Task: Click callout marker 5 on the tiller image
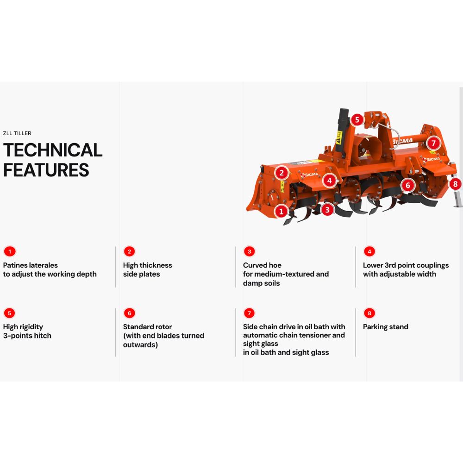pos(357,119)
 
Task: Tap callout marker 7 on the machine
pos(433,143)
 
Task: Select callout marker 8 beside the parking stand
pos(455,184)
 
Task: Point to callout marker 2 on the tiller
pos(282,173)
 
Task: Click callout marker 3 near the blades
pos(327,210)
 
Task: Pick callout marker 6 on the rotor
pos(408,185)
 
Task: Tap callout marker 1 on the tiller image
pos(281,211)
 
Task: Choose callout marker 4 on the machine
pos(330,181)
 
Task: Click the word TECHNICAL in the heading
pos(53,150)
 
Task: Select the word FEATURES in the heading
pos(46,170)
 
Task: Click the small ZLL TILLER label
pos(17,133)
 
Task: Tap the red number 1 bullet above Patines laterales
pos(10,251)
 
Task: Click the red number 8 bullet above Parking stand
pos(369,313)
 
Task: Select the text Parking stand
pos(386,327)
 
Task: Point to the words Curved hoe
pos(262,265)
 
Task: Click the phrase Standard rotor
pos(147,327)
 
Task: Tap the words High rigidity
pos(23,327)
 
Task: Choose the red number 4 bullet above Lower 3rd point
pos(369,251)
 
